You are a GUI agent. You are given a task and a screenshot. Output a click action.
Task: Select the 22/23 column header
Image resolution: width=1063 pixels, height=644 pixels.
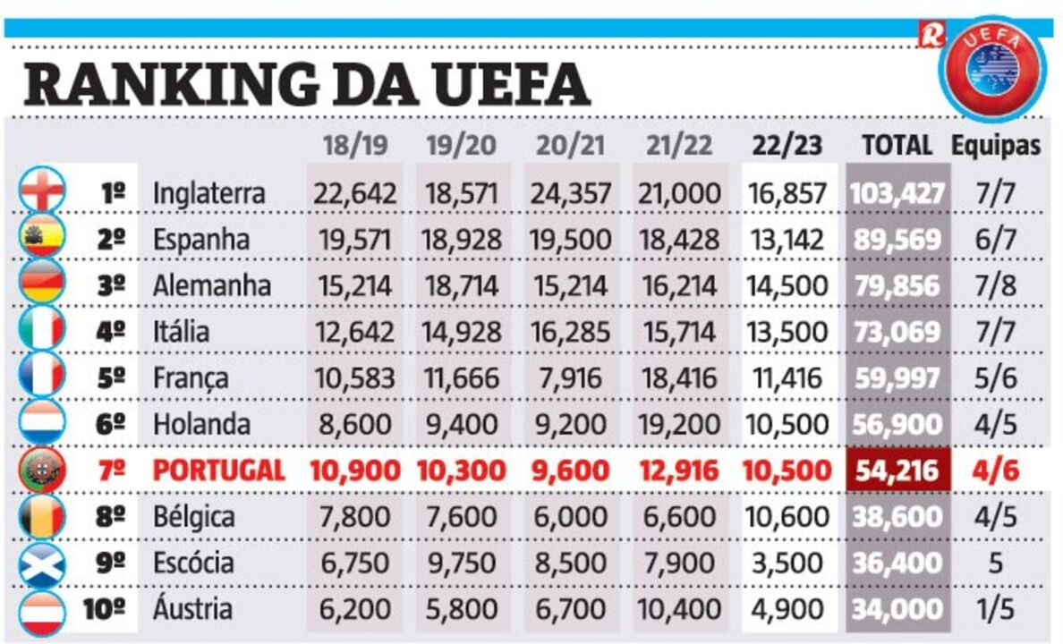[787, 146]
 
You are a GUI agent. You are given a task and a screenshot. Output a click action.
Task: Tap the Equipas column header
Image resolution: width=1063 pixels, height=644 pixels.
[996, 146]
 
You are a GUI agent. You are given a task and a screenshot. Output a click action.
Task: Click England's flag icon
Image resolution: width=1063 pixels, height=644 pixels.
[41, 191]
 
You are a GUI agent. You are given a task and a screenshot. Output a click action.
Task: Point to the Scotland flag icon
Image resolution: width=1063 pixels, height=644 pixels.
[41, 563]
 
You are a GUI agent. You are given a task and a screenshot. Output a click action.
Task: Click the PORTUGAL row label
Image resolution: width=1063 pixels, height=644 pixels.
[218, 470]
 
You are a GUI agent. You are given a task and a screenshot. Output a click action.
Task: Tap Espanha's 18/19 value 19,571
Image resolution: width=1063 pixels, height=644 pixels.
[353, 240]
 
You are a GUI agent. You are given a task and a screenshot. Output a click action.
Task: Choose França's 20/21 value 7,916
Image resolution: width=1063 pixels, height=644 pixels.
[573, 378]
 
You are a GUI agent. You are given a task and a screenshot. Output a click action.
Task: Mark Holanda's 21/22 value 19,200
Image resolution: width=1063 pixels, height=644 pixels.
[679, 424]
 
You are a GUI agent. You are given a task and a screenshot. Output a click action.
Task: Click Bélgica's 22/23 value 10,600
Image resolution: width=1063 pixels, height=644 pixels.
[787, 517]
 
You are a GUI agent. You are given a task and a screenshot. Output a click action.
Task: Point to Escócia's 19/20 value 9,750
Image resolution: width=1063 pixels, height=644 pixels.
[461, 563]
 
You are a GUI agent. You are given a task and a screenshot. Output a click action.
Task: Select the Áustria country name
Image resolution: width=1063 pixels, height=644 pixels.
[193, 610]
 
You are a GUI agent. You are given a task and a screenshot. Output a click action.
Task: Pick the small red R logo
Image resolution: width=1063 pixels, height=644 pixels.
[931, 34]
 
